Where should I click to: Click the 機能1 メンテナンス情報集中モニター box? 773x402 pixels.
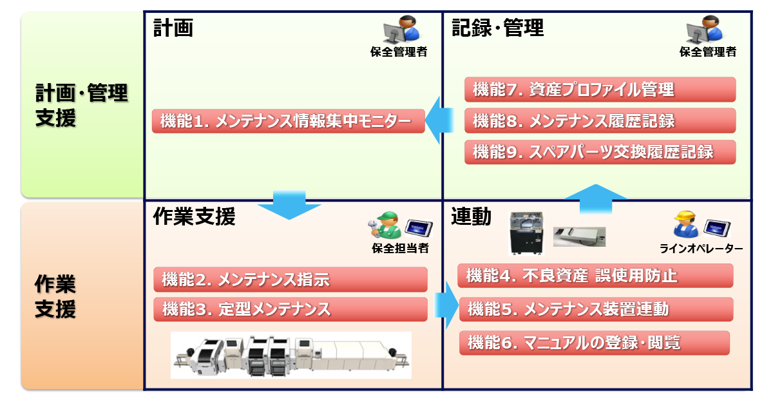click(x=288, y=121)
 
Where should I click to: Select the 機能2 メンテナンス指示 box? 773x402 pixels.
click(x=291, y=280)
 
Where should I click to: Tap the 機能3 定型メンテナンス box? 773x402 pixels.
click(x=291, y=309)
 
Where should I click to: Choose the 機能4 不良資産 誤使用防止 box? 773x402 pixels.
click(x=595, y=276)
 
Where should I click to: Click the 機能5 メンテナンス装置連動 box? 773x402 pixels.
click(x=596, y=309)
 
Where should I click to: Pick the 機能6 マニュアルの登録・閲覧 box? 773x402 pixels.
click(x=594, y=343)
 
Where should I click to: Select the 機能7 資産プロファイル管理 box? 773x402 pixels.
click(x=600, y=90)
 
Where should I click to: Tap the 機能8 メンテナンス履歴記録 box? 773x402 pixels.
click(x=600, y=120)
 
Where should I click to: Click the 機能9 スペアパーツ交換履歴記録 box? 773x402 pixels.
click(x=600, y=152)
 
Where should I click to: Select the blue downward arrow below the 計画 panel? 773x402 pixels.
click(x=289, y=204)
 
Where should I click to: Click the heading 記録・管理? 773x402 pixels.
click(x=497, y=28)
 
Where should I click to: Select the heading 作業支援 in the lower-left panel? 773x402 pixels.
click(x=194, y=217)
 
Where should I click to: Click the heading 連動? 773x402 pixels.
click(x=471, y=217)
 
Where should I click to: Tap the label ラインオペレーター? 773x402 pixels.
click(x=701, y=249)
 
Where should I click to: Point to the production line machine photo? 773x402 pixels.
click(x=291, y=355)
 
